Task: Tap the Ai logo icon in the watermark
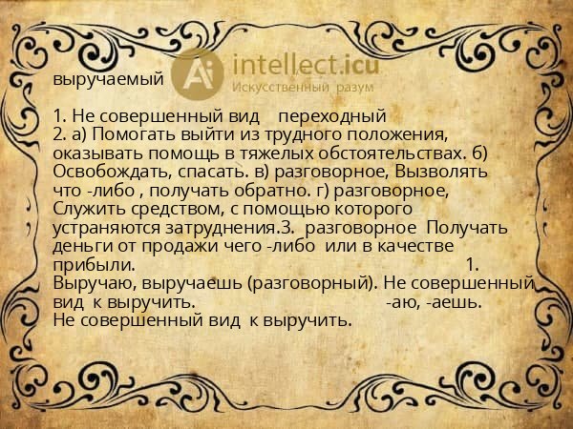click(x=200, y=73)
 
